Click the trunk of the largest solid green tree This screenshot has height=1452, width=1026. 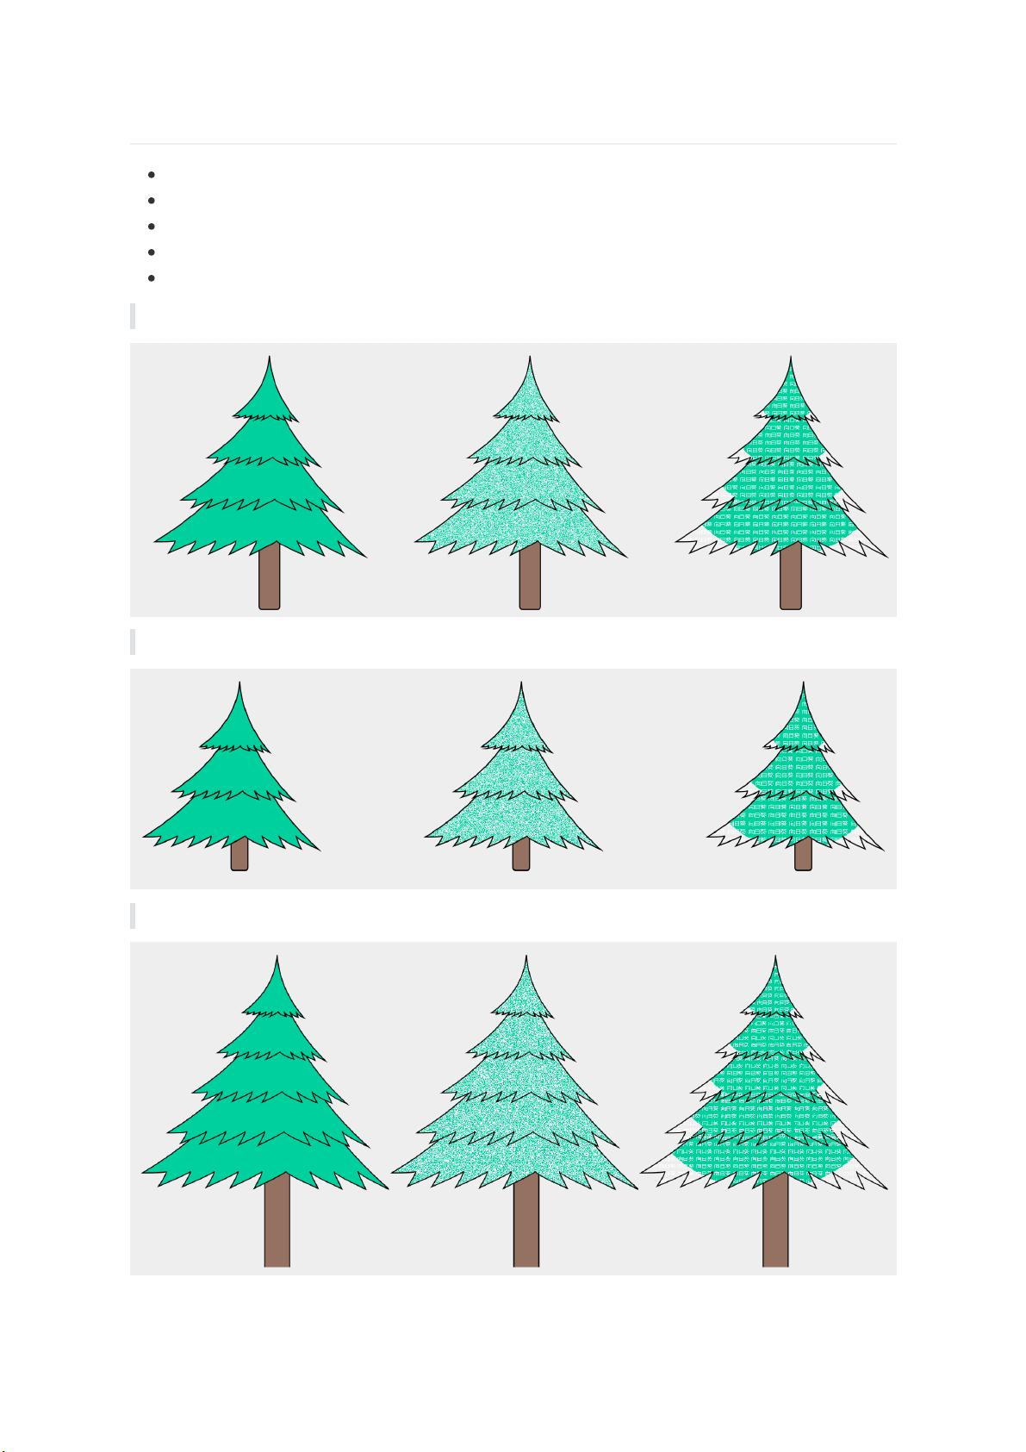pos(277,1220)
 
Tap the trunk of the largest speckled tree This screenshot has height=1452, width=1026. pos(525,1220)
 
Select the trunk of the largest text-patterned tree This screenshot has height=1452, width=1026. pos(775,1220)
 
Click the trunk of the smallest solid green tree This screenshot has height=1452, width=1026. pos(239,854)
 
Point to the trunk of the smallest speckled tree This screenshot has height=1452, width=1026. pos(521,854)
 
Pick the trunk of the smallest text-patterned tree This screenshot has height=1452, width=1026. pos(803,854)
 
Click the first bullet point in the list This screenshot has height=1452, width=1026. pos(151,175)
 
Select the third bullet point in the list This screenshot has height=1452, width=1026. pos(151,227)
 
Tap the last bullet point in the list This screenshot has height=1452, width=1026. pos(151,278)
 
